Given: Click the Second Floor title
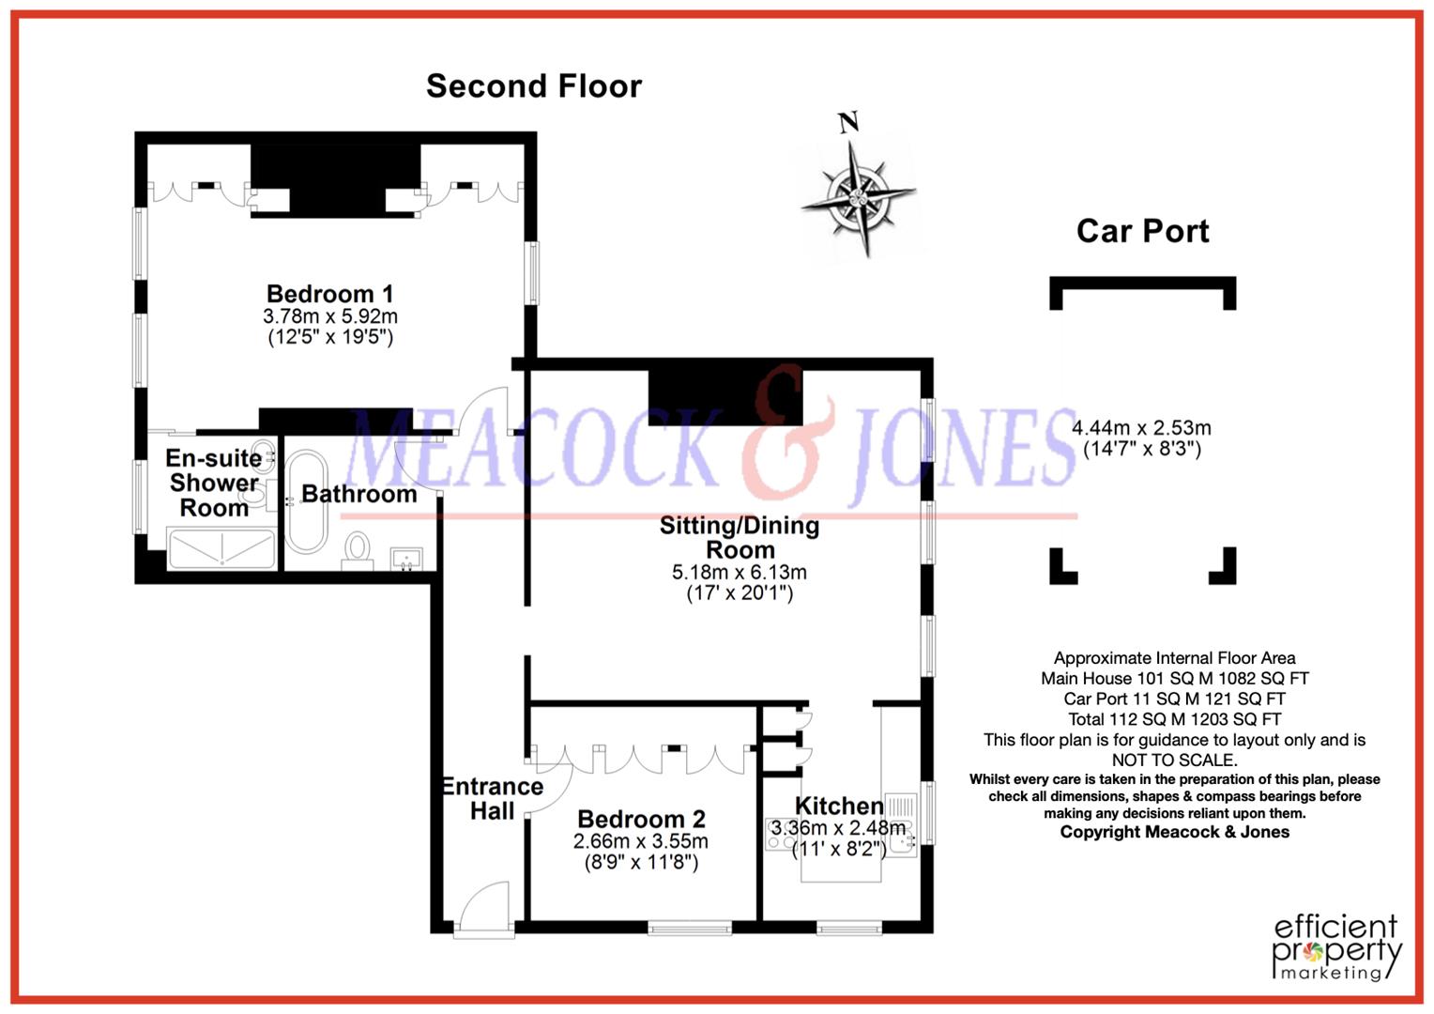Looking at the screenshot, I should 533,86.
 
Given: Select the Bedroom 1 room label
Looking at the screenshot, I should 329,294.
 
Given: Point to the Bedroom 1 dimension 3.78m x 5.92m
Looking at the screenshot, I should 329,316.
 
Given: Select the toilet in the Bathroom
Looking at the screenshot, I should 358,548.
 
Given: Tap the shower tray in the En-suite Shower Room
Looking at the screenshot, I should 221,547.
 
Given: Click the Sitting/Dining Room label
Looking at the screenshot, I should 740,537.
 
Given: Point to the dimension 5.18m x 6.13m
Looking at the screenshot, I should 740,573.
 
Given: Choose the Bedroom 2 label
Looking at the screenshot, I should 641,819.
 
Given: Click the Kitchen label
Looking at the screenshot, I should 839,806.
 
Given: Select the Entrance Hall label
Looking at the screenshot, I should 493,798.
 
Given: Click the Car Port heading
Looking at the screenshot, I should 1142,231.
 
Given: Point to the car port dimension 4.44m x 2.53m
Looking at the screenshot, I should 1141,428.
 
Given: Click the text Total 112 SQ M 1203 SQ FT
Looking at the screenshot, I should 1174,719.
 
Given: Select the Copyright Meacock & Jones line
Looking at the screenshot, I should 1174,832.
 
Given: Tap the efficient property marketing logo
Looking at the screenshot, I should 1335,947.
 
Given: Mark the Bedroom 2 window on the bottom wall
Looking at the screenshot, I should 690,929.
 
